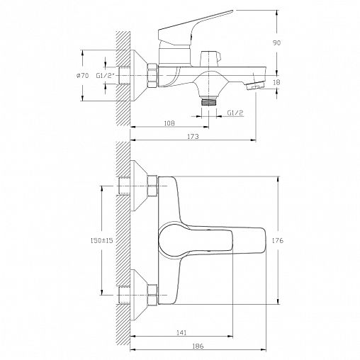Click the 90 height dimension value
pos(276,43)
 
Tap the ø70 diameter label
pos(82,76)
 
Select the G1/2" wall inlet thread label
pos(105,76)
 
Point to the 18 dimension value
pos(276,82)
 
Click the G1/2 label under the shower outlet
pos(235,113)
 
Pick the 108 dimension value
pos(169,123)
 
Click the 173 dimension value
pos(193,136)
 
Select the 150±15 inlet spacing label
pos(102,240)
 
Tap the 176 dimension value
pos(278,240)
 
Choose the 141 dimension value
pos(181,332)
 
